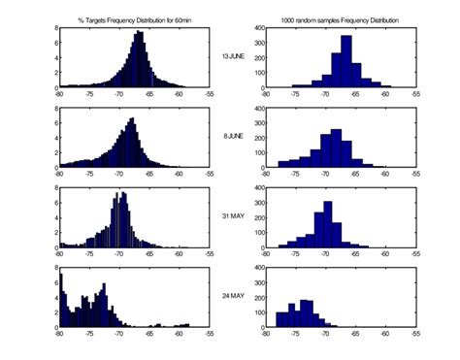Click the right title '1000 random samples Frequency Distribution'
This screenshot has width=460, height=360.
pos(340,19)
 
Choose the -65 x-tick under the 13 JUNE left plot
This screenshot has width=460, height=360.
pos(149,95)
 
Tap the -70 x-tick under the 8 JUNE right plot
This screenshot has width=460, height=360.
pos(325,175)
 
